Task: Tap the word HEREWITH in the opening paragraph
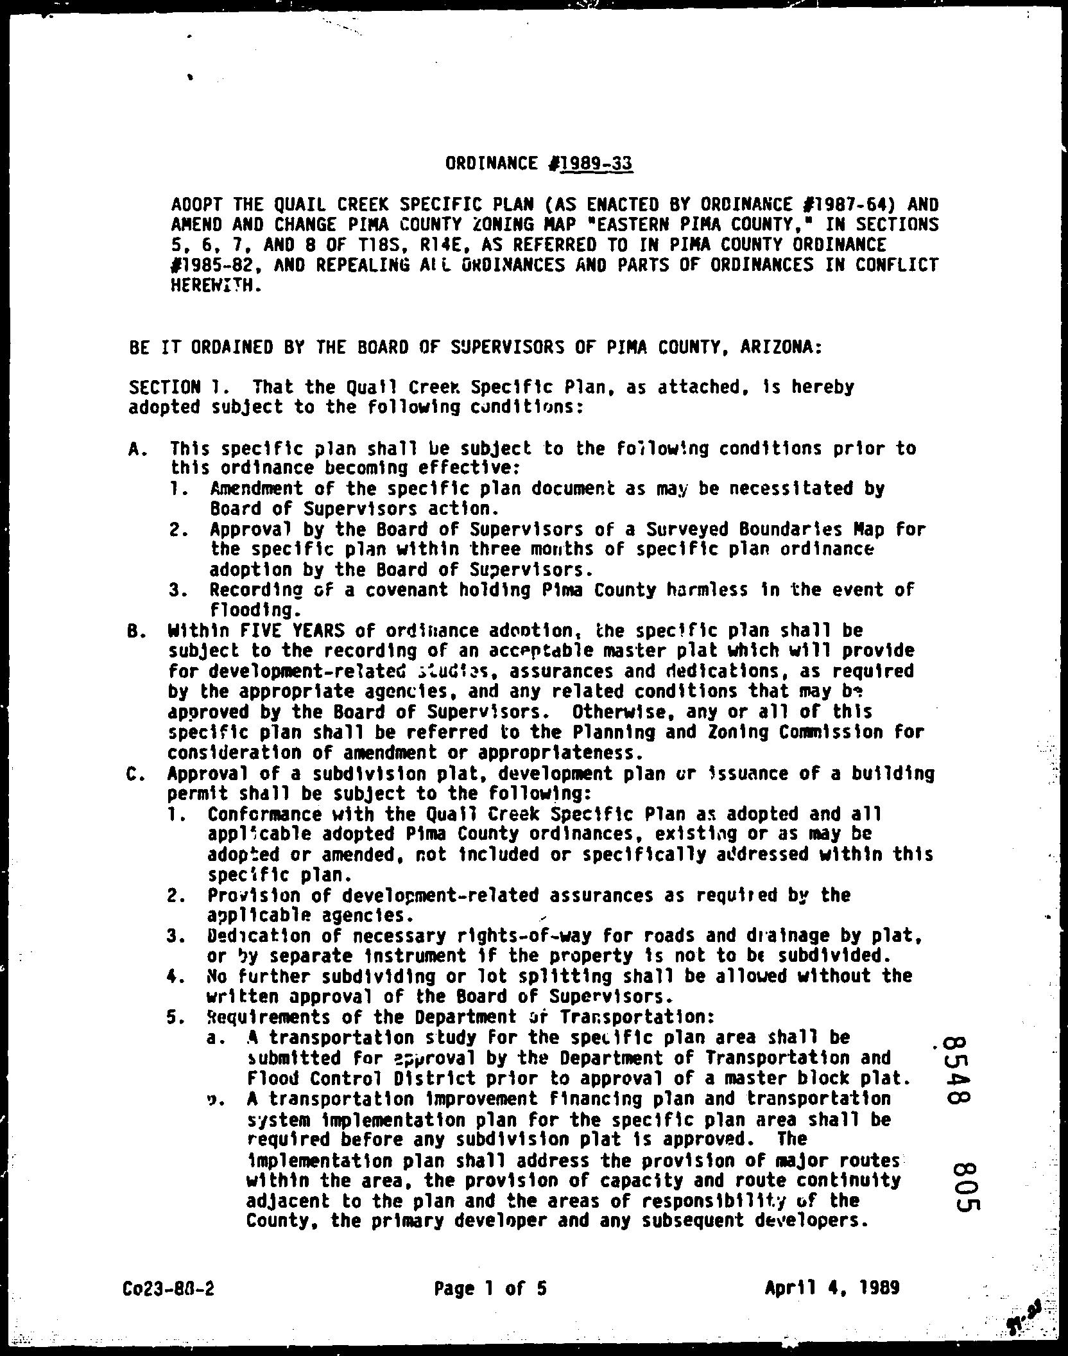(x=214, y=285)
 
